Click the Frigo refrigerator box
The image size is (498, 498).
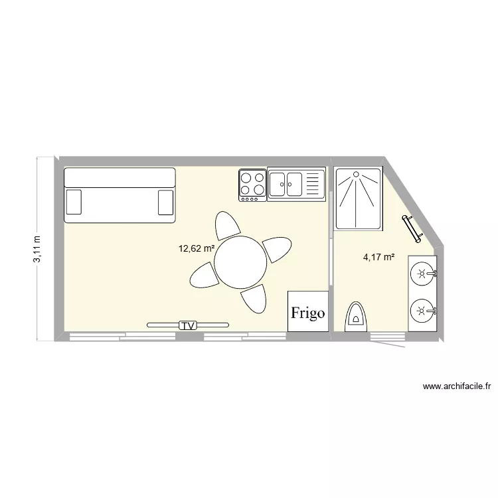[308, 311]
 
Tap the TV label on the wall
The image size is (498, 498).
[189, 325]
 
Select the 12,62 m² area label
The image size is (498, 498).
[196, 249]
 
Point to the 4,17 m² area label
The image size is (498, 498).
[378, 257]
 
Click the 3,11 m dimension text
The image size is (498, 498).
[37, 249]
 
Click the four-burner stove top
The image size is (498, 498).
[252, 185]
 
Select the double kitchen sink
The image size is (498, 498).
[295, 184]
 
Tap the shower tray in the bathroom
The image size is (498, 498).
[359, 199]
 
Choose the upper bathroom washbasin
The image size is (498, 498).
[422, 272]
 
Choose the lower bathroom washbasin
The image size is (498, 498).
[422, 309]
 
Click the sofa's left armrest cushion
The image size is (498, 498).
[74, 202]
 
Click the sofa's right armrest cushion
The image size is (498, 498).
[165, 202]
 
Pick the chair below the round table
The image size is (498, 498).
[254, 299]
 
